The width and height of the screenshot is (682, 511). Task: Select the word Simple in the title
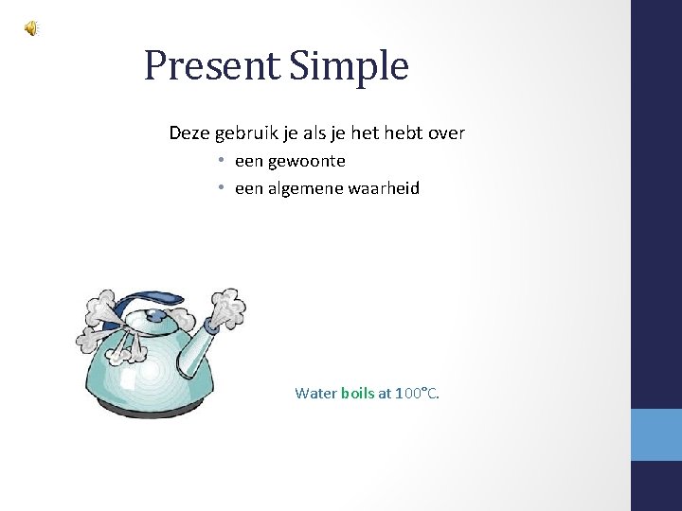[350, 66]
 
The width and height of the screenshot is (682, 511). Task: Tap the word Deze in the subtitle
[189, 132]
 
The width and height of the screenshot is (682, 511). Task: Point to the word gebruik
[246, 133]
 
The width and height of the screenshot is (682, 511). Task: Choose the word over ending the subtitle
[446, 132]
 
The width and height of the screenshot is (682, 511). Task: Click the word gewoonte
[307, 161]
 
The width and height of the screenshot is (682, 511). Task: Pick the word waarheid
[386, 188]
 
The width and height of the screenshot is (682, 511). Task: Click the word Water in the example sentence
[315, 393]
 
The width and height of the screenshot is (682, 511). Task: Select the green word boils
[357, 393]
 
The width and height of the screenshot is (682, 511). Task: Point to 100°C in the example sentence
[417, 393]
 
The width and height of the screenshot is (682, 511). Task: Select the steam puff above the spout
[227, 308]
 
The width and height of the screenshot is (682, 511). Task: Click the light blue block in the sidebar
[656, 434]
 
